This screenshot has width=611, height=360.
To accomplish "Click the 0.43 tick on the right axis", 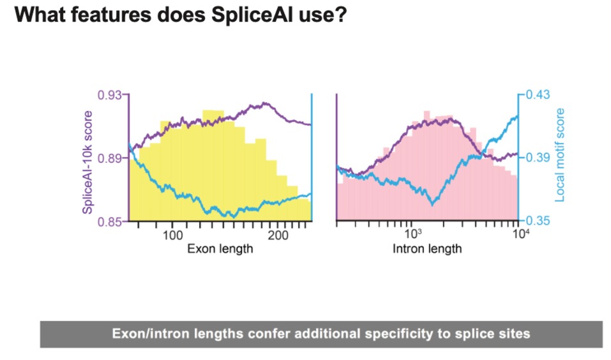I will [x=537, y=94].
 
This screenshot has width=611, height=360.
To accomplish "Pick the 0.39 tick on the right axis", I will [x=537, y=157].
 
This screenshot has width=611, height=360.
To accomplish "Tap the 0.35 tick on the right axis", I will [x=537, y=221].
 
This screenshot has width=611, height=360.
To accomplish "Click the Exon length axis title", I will [x=220, y=249].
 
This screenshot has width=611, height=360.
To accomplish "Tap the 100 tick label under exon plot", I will [x=173, y=236].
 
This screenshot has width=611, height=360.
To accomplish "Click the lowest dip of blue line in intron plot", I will [x=433, y=204].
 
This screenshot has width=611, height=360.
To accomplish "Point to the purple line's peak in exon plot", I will [x=263, y=103].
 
